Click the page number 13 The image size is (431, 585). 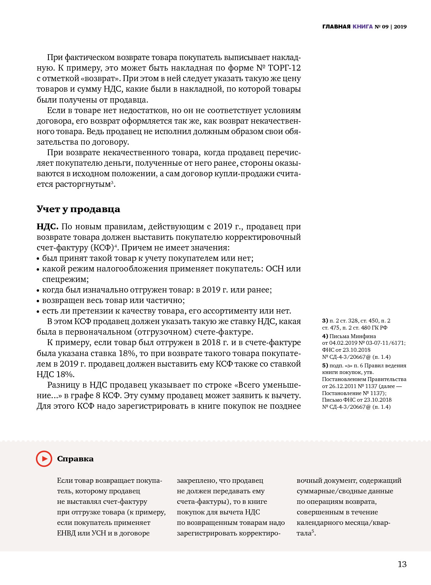click(402, 564)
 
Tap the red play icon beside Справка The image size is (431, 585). click(44, 459)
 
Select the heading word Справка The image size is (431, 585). click(75, 459)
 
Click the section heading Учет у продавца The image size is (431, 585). click(78, 209)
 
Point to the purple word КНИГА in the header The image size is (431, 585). click(363, 27)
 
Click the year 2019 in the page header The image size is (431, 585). click(400, 27)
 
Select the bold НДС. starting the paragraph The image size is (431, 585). click(48, 227)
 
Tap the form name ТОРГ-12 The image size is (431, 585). click(284, 68)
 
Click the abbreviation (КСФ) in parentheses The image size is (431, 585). click(102, 248)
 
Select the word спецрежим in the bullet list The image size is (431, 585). click(65, 279)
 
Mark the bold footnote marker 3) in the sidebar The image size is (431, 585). click(325, 321)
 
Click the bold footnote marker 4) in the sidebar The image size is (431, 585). click(325, 336)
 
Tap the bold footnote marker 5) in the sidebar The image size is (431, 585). click(325, 365)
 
